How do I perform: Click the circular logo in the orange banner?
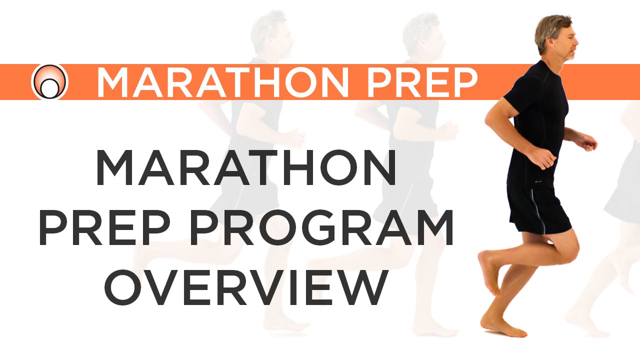pos(49,81)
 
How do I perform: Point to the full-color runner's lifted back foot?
pos(487,272)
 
